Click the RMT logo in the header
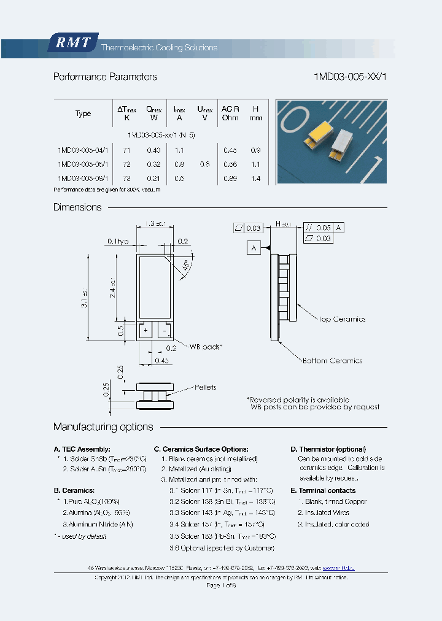[72, 43]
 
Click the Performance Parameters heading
[105, 77]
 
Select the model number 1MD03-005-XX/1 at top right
[350, 77]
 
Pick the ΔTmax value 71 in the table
[126, 150]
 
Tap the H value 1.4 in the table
[256, 179]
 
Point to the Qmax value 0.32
[153, 164]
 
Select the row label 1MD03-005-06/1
[82, 179]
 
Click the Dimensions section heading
[77, 207]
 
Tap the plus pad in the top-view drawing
[145, 330]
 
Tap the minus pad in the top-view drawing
[164, 330]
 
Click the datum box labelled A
[254, 247]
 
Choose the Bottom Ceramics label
[333, 361]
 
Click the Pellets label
[205, 387]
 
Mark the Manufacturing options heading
[103, 427]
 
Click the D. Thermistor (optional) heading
[328, 449]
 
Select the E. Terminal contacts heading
[323, 490]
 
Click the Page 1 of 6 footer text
[221, 586]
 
